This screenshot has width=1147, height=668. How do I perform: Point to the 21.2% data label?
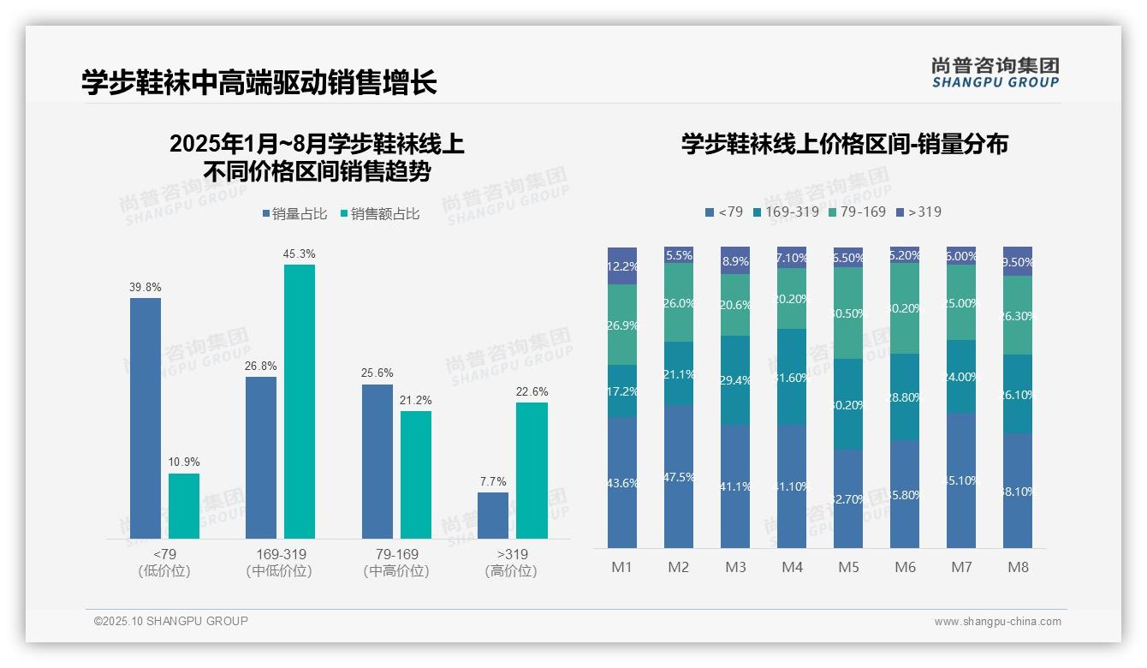pyautogui.click(x=416, y=400)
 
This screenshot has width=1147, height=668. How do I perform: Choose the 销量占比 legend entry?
pyautogui.click(x=294, y=213)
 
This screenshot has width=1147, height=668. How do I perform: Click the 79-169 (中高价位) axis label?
pyautogui.click(x=396, y=562)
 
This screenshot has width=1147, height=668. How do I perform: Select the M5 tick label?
pyautogui.click(x=848, y=567)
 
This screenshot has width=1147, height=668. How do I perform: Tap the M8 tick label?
pyautogui.click(x=1018, y=567)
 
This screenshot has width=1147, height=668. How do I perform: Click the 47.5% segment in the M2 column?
pyautogui.click(x=679, y=476)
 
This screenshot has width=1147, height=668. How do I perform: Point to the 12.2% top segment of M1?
pyautogui.click(x=622, y=265)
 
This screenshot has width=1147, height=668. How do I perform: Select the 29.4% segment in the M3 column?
pyautogui.click(x=735, y=380)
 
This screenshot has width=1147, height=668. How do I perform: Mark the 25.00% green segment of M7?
pyautogui.click(x=961, y=302)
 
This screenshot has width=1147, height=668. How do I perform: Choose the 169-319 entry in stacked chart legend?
pyautogui.click(x=786, y=212)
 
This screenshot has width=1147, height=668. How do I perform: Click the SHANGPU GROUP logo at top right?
pyautogui.click(x=995, y=73)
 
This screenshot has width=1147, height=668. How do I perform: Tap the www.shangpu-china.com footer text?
pyautogui.click(x=997, y=622)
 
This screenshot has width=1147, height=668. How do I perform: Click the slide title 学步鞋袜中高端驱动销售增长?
pyautogui.click(x=259, y=83)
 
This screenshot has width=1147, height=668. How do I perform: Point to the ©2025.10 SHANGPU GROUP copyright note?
pyautogui.click(x=171, y=621)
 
